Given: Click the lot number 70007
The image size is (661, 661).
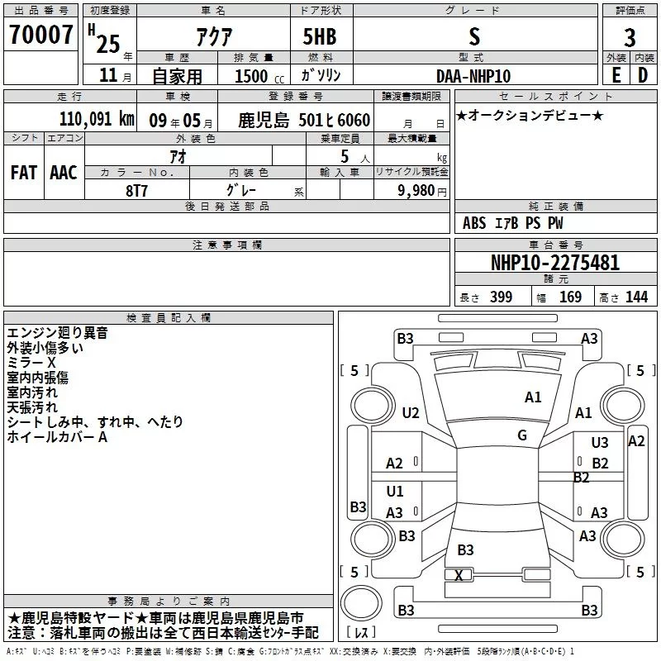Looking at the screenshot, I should coord(40,36).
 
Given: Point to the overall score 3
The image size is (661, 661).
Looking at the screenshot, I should coord(630,38).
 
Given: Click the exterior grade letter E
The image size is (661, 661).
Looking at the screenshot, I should coord(616,75).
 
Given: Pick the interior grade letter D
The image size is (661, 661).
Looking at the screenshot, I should coord(643,75).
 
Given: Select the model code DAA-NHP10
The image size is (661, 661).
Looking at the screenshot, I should coord(473,75).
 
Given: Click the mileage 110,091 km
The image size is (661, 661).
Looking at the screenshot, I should coord(97,118).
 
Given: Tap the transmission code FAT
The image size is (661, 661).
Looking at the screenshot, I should coord(24,173).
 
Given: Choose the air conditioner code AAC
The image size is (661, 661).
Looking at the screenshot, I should coord(64,173).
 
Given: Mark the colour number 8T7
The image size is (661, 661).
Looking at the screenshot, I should coord(136,189).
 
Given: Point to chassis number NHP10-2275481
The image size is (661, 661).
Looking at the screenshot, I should coord(554,263).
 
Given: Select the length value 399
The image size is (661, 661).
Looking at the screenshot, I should coord(501,297).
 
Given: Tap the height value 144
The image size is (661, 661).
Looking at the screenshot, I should coord(636,297).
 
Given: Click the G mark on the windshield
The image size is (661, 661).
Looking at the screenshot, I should coord(522,435).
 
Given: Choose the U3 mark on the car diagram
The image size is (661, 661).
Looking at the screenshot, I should coord(600,443).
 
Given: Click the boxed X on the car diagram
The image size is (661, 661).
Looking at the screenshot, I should coord(459,575).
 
